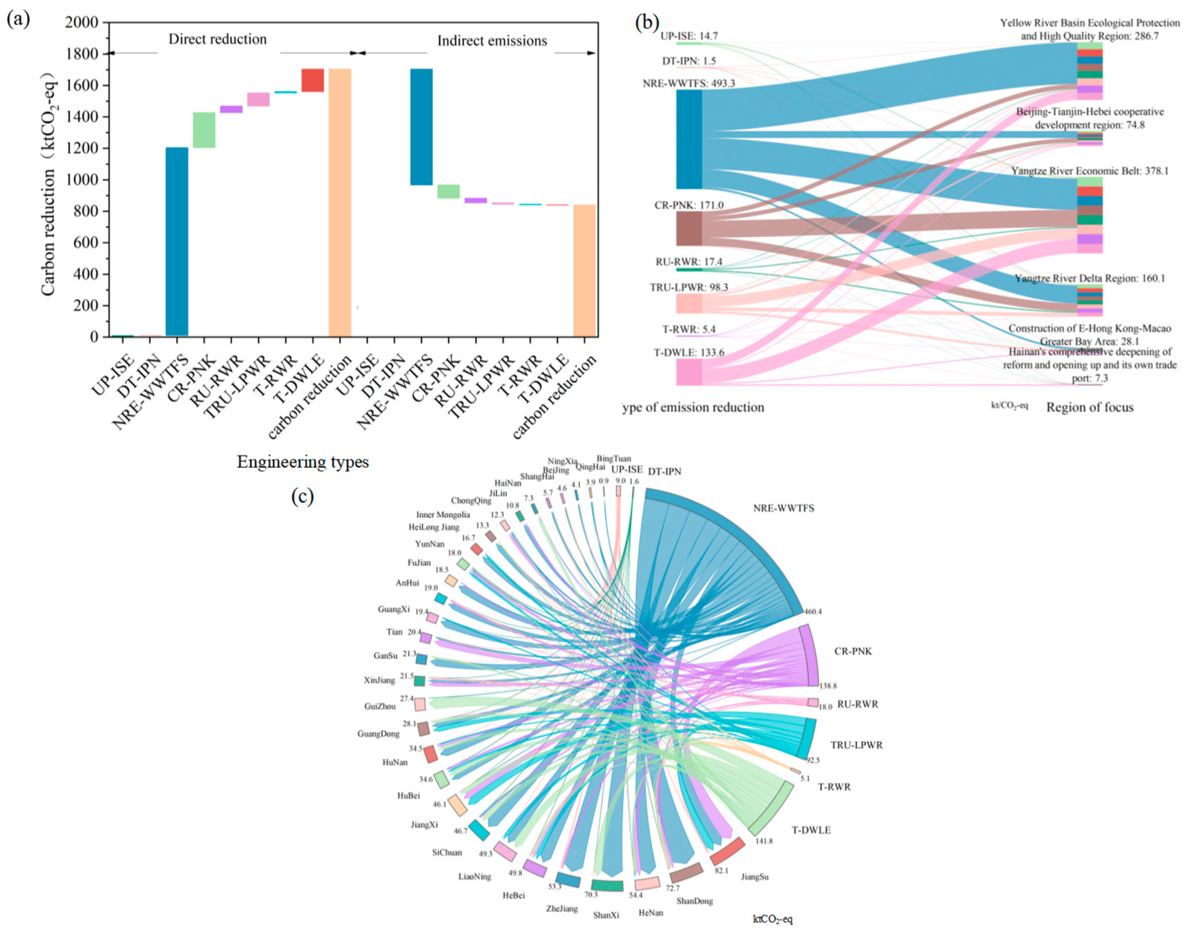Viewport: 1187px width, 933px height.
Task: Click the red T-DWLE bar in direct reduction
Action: click(x=313, y=80)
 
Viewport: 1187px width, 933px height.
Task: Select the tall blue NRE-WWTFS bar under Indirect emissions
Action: click(x=421, y=127)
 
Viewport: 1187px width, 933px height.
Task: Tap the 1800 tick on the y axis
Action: click(x=81, y=54)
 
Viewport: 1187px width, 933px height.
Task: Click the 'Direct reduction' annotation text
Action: click(x=217, y=39)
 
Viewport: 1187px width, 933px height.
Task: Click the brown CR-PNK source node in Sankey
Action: click(x=689, y=228)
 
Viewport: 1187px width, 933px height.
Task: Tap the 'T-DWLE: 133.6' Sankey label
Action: click(x=689, y=352)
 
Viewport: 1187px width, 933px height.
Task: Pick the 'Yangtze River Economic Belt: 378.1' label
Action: click(x=1089, y=171)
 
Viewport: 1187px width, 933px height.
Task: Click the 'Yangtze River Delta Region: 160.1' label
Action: click(x=1089, y=278)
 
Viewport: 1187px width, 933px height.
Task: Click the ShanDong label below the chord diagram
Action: click(x=695, y=901)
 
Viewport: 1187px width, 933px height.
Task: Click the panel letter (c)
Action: click(x=302, y=496)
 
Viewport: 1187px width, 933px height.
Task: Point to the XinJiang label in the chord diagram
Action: click(x=379, y=681)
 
